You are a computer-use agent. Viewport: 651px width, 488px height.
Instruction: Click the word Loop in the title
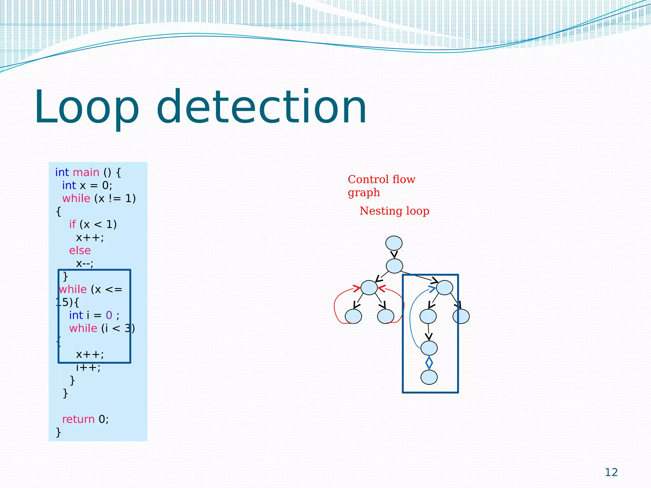(86, 107)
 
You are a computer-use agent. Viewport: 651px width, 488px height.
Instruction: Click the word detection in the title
(261, 107)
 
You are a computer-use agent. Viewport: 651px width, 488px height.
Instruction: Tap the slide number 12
(611, 472)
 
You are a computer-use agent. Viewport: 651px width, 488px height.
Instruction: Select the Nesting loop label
(394, 211)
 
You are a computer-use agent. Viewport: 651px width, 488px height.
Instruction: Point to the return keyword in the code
(78, 419)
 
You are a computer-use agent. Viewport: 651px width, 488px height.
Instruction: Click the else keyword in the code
(80, 250)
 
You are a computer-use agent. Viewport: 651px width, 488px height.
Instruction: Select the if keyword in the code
(72, 224)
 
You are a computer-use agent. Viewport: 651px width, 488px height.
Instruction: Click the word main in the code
(86, 172)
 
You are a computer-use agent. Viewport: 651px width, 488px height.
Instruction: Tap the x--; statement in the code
(85, 263)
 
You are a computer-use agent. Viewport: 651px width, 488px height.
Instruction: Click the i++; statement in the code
(88, 367)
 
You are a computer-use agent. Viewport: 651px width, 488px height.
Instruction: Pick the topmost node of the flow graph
(394, 243)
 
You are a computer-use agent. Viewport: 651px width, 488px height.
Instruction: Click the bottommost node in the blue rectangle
(429, 377)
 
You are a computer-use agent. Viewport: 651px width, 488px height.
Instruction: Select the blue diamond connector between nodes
(429, 363)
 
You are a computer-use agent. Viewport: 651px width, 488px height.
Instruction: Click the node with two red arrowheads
(369, 288)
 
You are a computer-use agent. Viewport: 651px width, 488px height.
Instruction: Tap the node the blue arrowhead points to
(444, 288)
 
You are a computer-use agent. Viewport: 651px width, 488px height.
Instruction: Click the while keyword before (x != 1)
(76, 198)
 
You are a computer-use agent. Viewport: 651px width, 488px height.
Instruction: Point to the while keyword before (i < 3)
(83, 328)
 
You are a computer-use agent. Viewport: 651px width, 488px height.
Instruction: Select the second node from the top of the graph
(394, 266)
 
